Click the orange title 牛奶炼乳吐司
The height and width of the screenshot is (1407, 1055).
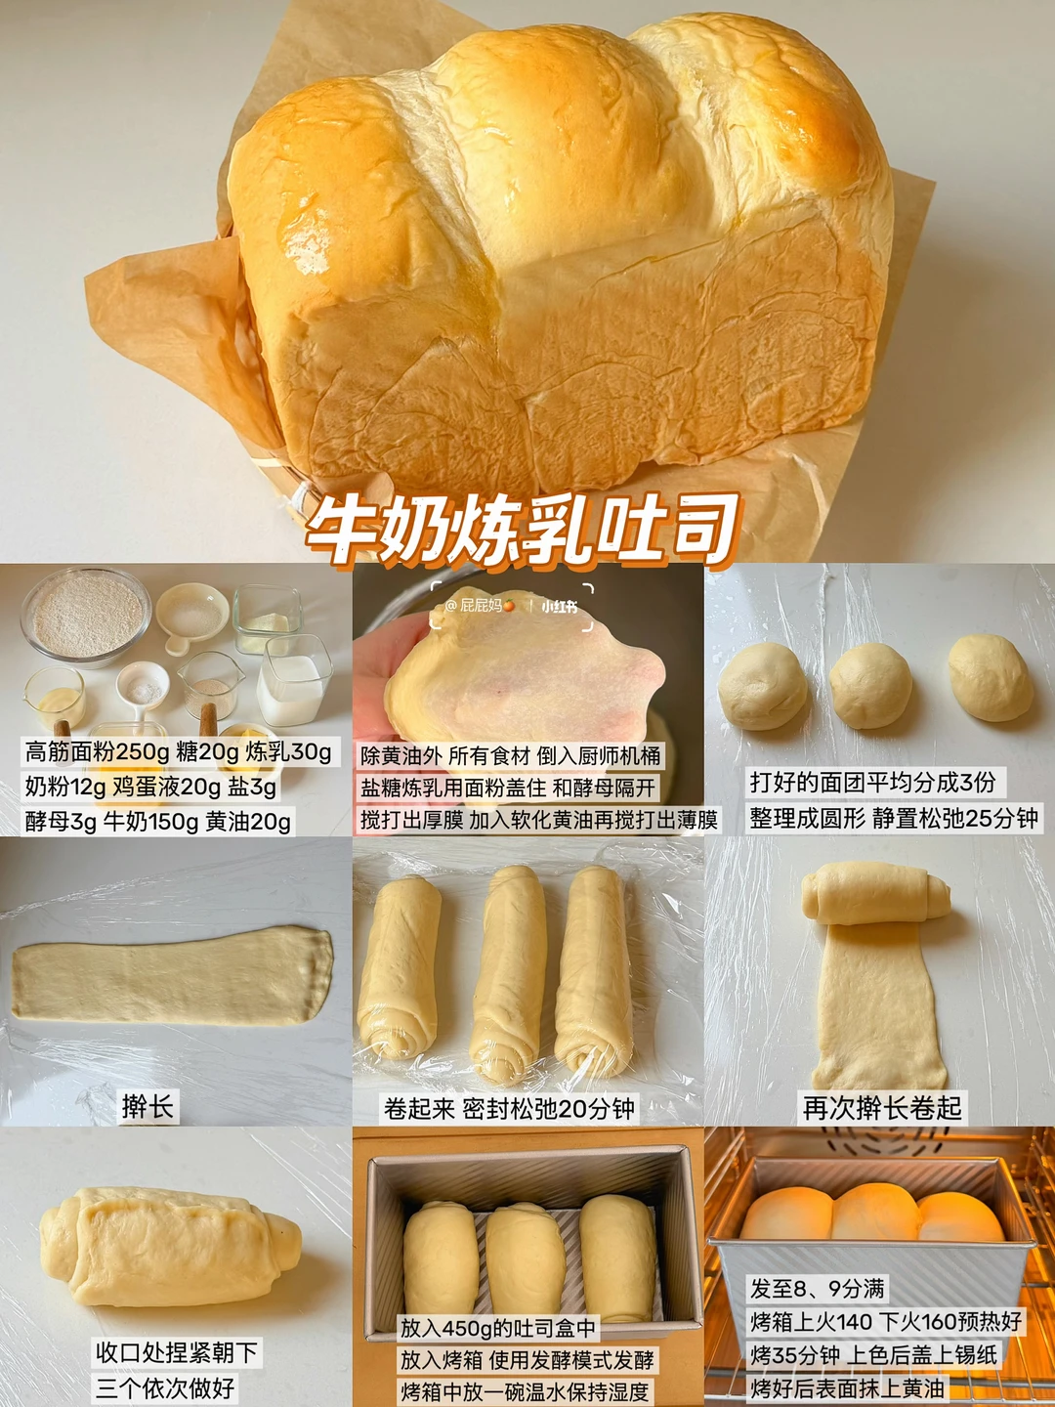click(522, 531)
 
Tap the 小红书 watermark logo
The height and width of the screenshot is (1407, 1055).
click(559, 606)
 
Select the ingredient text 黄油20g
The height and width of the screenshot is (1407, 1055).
click(248, 822)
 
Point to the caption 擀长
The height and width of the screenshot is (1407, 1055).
click(148, 1107)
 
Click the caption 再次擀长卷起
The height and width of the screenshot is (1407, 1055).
click(882, 1108)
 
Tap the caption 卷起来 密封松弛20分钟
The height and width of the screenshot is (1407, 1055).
click(509, 1108)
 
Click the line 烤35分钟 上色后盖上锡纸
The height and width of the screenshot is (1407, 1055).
click(873, 1337)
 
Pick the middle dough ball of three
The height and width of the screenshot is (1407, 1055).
click(870, 685)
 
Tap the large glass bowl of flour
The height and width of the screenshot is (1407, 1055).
click(86, 617)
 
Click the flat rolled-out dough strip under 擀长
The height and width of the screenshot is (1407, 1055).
click(172, 974)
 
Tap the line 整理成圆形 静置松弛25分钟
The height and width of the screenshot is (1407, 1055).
click(893, 818)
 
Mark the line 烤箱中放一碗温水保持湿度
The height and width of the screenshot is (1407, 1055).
click(525, 1386)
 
